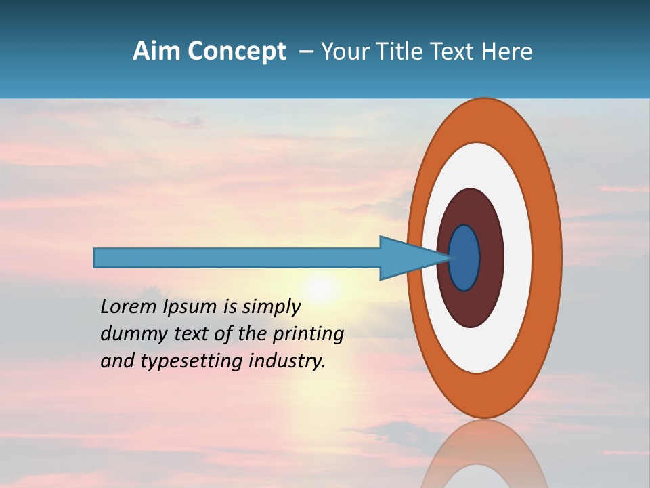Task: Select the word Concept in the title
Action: [236, 52]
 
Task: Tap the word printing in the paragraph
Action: [308, 334]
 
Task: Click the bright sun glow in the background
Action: [321, 288]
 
